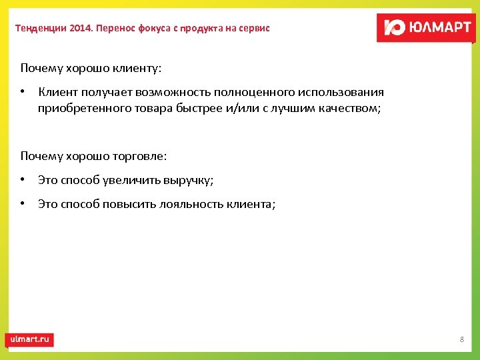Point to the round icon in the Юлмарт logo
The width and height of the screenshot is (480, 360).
(395, 28)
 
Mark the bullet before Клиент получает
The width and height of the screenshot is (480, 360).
(23, 92)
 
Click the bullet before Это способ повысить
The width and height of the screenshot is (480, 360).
(23, 204)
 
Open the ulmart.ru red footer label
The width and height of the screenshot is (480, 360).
(29, 339)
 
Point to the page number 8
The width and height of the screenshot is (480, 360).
(461, 340)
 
